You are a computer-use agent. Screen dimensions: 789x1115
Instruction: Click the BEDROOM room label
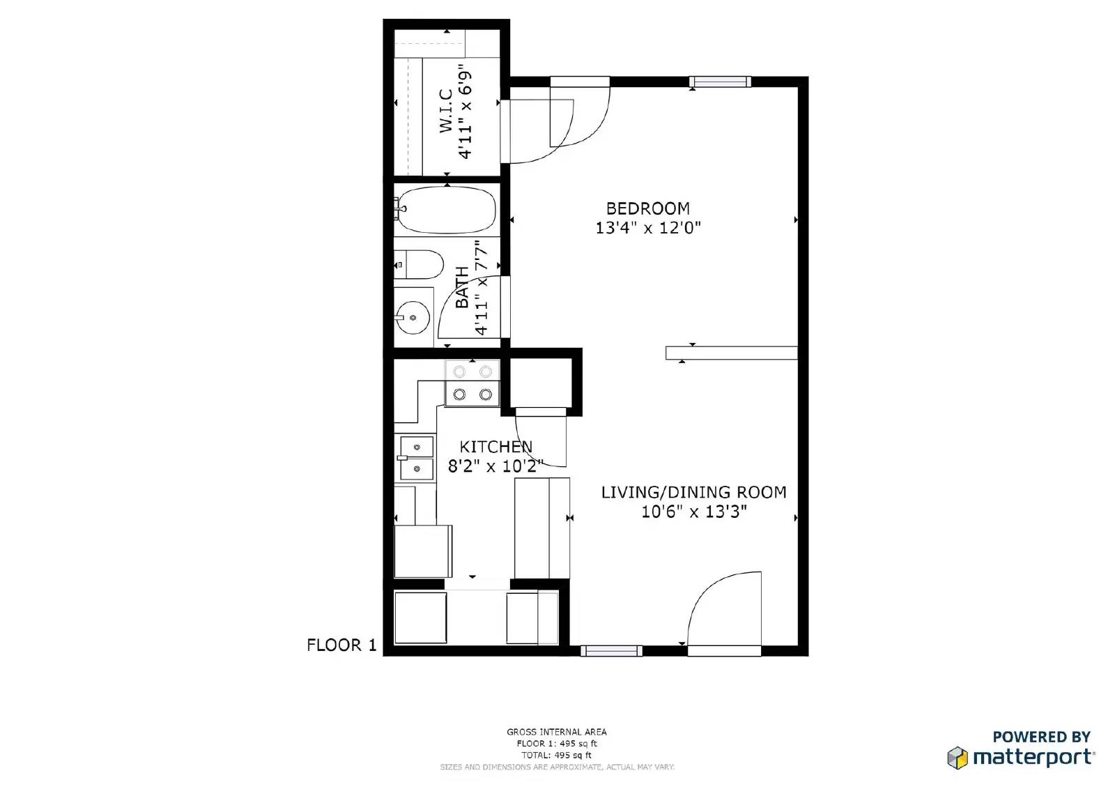[647, 208]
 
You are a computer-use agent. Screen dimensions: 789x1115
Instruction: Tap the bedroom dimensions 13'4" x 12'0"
[647, 228]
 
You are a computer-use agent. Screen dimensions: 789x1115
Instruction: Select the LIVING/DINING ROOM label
[693, 492]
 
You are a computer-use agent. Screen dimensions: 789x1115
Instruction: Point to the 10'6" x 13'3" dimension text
[693, 512]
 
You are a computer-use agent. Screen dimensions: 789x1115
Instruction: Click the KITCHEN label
[495, 447]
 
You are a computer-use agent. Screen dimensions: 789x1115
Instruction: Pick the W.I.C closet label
[446, 110]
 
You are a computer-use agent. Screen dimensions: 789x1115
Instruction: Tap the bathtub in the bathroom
[447, 210]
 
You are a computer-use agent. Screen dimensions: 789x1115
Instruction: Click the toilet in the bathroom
[420, 265]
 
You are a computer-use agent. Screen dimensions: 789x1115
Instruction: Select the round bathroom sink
[413, 318]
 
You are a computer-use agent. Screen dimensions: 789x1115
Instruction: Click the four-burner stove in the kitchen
[472, 383]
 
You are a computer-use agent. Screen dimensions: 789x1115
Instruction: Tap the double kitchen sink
[417, 457]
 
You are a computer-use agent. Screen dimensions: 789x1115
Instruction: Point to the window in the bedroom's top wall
[720, 82]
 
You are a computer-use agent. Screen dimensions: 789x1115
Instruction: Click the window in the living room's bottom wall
[611, 651]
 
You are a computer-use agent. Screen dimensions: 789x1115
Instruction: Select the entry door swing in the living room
[725, 610]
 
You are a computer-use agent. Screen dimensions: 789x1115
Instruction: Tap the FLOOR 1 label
[341, 645]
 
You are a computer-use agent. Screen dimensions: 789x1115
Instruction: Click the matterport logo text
[1033, 757]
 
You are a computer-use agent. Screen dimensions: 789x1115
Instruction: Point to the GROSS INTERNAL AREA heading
[556, 732]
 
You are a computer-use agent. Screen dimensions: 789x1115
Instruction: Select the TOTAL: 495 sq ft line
[556, 755]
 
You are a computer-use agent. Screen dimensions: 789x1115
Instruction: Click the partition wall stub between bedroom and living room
[731, 353]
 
